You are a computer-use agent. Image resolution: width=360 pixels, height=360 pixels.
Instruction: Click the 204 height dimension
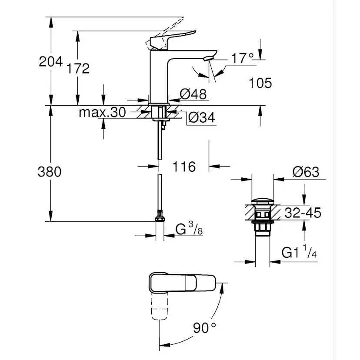(x=51, y=62)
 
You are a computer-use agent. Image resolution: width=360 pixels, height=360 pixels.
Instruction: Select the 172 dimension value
(x=78, y=68)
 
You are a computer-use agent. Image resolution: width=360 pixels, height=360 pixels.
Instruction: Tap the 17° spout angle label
(x=243, y=58)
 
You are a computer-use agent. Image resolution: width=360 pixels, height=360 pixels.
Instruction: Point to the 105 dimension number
(x=260, y=83)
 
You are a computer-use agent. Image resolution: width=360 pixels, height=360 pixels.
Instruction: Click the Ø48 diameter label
(x=193, y=93)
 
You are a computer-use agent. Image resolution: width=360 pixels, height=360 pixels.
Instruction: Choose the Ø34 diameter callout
(x=202, y=117)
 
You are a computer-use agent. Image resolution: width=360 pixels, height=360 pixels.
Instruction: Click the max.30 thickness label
(x=103, y=112)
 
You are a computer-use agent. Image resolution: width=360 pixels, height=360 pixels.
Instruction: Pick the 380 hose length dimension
(x=50, y=171)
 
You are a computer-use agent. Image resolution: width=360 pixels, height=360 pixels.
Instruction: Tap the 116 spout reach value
(x=184, y=167)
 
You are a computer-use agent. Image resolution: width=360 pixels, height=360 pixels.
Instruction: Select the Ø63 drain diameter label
(x=306, y=172)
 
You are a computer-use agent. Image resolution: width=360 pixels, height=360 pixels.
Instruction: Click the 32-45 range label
(x=303, y=213)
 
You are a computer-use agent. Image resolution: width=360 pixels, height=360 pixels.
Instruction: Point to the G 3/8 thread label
(x=189, y=228)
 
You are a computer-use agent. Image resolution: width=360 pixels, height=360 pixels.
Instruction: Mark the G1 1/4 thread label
(x=299, y=251)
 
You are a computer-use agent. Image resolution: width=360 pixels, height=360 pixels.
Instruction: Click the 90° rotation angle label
(x=204, y=328)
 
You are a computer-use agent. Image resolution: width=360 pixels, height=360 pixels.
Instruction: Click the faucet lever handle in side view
(x=173, y=40)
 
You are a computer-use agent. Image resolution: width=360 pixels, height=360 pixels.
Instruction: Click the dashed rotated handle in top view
(x=160, y=306)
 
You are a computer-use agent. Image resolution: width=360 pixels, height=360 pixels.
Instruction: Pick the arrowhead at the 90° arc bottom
(x=164, y=345)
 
